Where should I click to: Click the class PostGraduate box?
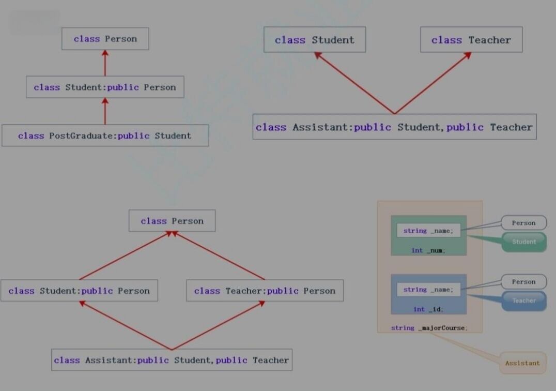[x=105, y=136]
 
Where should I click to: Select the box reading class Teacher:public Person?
[x=265, y=291]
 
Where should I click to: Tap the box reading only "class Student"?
[x=314, y=40]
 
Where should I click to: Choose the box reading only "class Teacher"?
[x=471, y=40]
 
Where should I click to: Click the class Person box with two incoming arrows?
[x=172, y=221]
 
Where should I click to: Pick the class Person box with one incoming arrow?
[x=105, y=39]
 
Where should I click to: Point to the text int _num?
[x=428, y=250]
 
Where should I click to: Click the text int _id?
[x=428, y=309]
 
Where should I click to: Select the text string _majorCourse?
[x=429, y=328]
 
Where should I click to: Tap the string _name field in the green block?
[x=428, y=231]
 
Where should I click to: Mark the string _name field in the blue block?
[x=428, y=290]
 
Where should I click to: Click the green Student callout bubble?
[x=524, y=242]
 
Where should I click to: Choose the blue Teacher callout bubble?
[x=524, y=300]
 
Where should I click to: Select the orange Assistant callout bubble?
[x=522, y=363]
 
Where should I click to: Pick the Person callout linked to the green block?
[x=523, y=223]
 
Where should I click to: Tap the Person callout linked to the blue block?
[x=523, y=282]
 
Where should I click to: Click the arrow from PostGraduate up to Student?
[x=105, y=111]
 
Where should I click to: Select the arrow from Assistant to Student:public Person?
[x=126, y=326]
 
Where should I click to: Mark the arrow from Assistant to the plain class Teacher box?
[x=433, y=83]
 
